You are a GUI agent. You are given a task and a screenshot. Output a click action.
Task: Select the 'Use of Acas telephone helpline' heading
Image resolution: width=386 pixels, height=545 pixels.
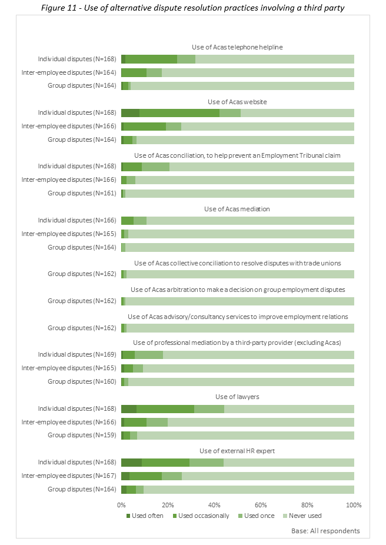[237, 47]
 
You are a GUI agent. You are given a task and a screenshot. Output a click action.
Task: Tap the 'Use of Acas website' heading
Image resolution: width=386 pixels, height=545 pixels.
[237, 101]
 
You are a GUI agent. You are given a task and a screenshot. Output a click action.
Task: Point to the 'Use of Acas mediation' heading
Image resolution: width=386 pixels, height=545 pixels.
[237, 209]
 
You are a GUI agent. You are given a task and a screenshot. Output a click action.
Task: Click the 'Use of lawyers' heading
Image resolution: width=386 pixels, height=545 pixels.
[237, 397]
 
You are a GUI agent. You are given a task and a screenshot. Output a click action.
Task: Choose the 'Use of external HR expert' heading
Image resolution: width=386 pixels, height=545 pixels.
[237, 451]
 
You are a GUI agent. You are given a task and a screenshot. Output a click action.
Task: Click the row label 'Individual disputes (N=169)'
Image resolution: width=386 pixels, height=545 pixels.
[77, 355]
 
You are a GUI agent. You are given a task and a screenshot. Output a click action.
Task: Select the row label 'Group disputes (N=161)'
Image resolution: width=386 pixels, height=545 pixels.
[82, 193]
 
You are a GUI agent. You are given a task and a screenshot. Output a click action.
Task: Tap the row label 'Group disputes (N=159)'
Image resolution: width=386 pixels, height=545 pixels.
[82, 436]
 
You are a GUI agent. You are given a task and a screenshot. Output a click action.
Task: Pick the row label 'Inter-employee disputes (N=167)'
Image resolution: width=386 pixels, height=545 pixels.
[69, 476]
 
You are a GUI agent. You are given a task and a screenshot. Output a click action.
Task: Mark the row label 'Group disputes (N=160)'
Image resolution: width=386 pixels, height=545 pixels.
[82, 382]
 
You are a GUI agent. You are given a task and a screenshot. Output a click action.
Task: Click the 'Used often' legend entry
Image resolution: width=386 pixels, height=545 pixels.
[145, 516]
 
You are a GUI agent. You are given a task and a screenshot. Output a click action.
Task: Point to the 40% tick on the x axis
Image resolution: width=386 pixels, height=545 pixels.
[214, 504]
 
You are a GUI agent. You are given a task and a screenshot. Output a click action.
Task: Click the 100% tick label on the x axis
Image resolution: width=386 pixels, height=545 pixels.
[354, 504]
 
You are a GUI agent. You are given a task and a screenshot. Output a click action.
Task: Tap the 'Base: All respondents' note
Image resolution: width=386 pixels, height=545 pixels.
[325, 531]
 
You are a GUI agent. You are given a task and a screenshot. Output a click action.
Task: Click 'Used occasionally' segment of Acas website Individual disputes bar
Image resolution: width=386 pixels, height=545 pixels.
[179, 112]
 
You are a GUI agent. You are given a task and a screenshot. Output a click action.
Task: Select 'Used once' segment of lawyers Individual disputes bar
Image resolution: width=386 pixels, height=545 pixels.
[209, 409]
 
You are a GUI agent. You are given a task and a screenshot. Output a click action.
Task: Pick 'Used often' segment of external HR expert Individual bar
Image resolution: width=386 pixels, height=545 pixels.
[131, 463]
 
